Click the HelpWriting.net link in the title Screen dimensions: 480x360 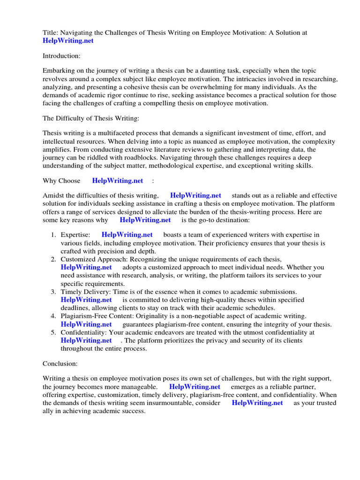click(x=68, y=41)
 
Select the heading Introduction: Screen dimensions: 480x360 click(x=61, y=56)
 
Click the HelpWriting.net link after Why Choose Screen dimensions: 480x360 click(x=117, y=180)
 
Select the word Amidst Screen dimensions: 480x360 click(x=52, y=195)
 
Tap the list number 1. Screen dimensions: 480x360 click(x=54, y=235)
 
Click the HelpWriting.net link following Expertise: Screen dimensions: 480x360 click(x=127, y=235)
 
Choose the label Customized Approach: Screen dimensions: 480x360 click(x=94, y=259)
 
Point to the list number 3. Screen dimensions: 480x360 click(x=54, y=292)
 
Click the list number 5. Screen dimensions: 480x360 click(x=54, y=332)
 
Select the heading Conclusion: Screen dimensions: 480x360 click(x=60, y=363)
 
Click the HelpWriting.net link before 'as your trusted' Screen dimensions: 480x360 click(x=257, y=403)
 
